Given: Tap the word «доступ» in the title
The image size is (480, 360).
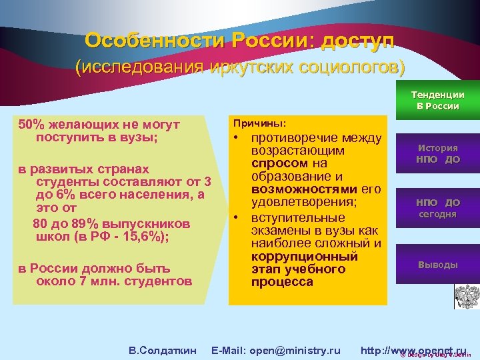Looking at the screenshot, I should pyautogui.click(x=358, y=41).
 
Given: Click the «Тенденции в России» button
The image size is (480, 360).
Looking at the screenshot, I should pyautogui.click(x=437, y=100).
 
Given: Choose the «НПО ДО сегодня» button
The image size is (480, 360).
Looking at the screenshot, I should pyautogui.click(x=437, y=207).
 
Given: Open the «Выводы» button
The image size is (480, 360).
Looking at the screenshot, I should pyautogui.click(x=437, y=265).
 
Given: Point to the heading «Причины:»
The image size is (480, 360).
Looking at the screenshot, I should pyautogui.click(x=259, y=124).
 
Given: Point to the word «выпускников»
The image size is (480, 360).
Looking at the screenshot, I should pyautogui.click(x=150, y=223).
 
